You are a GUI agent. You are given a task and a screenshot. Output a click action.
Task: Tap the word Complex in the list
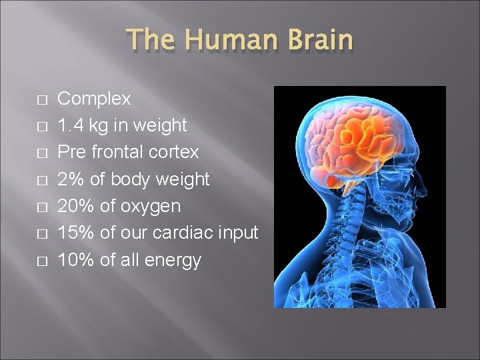coord(94,99)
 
